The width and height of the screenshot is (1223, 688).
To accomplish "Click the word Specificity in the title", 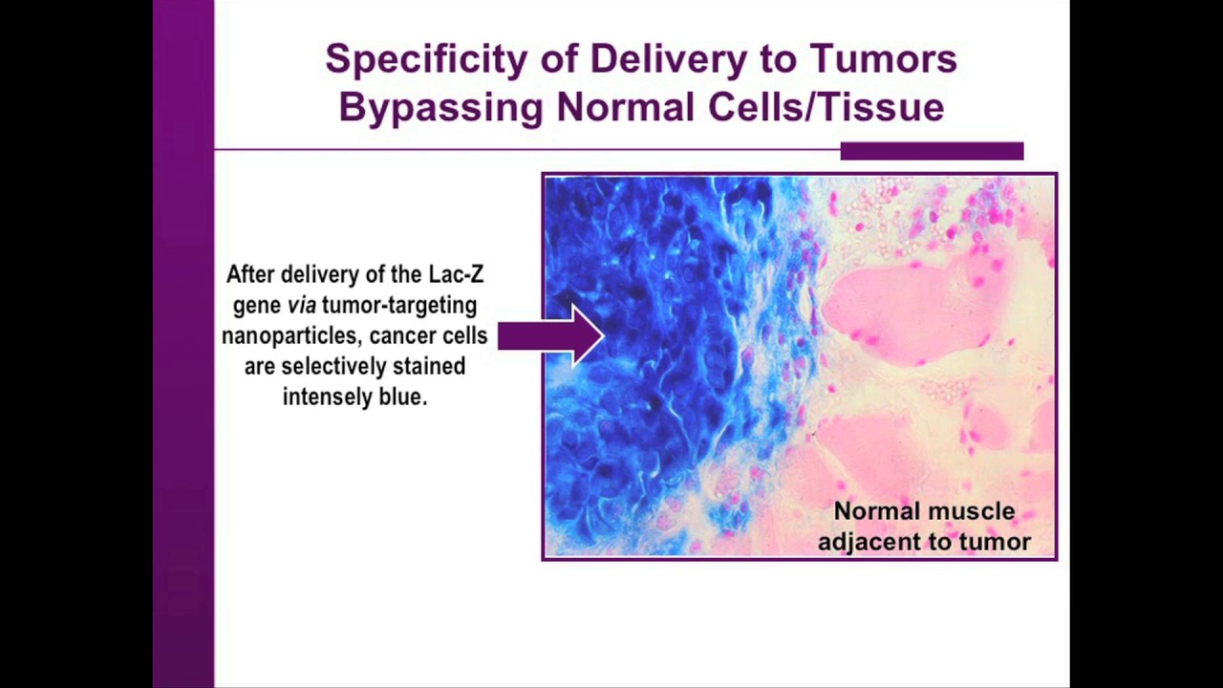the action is point(427,59).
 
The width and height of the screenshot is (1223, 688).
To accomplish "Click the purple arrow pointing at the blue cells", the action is point(551,335).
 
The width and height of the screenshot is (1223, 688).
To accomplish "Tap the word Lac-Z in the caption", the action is point(456,274).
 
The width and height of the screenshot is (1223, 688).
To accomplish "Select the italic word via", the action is point(302,305).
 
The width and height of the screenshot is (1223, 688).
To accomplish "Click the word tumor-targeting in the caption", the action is point(399,306).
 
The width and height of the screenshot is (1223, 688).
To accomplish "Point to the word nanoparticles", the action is point(292,335).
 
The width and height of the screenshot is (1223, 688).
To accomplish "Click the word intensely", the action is point(328,397).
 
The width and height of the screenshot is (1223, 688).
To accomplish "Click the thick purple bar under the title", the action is point(932,151).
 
